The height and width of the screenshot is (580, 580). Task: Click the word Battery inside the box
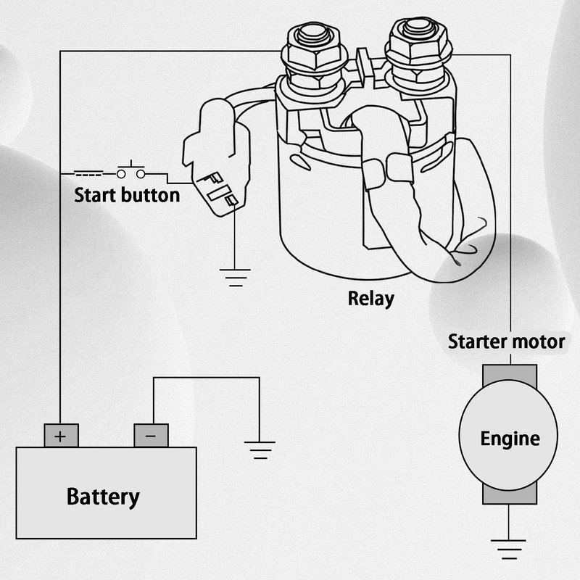point(102,497)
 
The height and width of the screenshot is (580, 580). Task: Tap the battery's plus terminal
point(61,436)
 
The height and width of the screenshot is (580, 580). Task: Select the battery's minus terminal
point(151,436)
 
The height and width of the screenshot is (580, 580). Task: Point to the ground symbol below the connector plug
point(234,278)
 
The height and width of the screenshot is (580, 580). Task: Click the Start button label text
point(127,196)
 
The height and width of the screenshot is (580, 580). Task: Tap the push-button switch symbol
point(130,172)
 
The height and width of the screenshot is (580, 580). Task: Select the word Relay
point(370,298)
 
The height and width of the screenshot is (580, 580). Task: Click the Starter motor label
point(505,341)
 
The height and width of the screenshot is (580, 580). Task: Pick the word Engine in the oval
point(510,439)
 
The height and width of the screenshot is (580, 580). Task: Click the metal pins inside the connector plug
point(220,187)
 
